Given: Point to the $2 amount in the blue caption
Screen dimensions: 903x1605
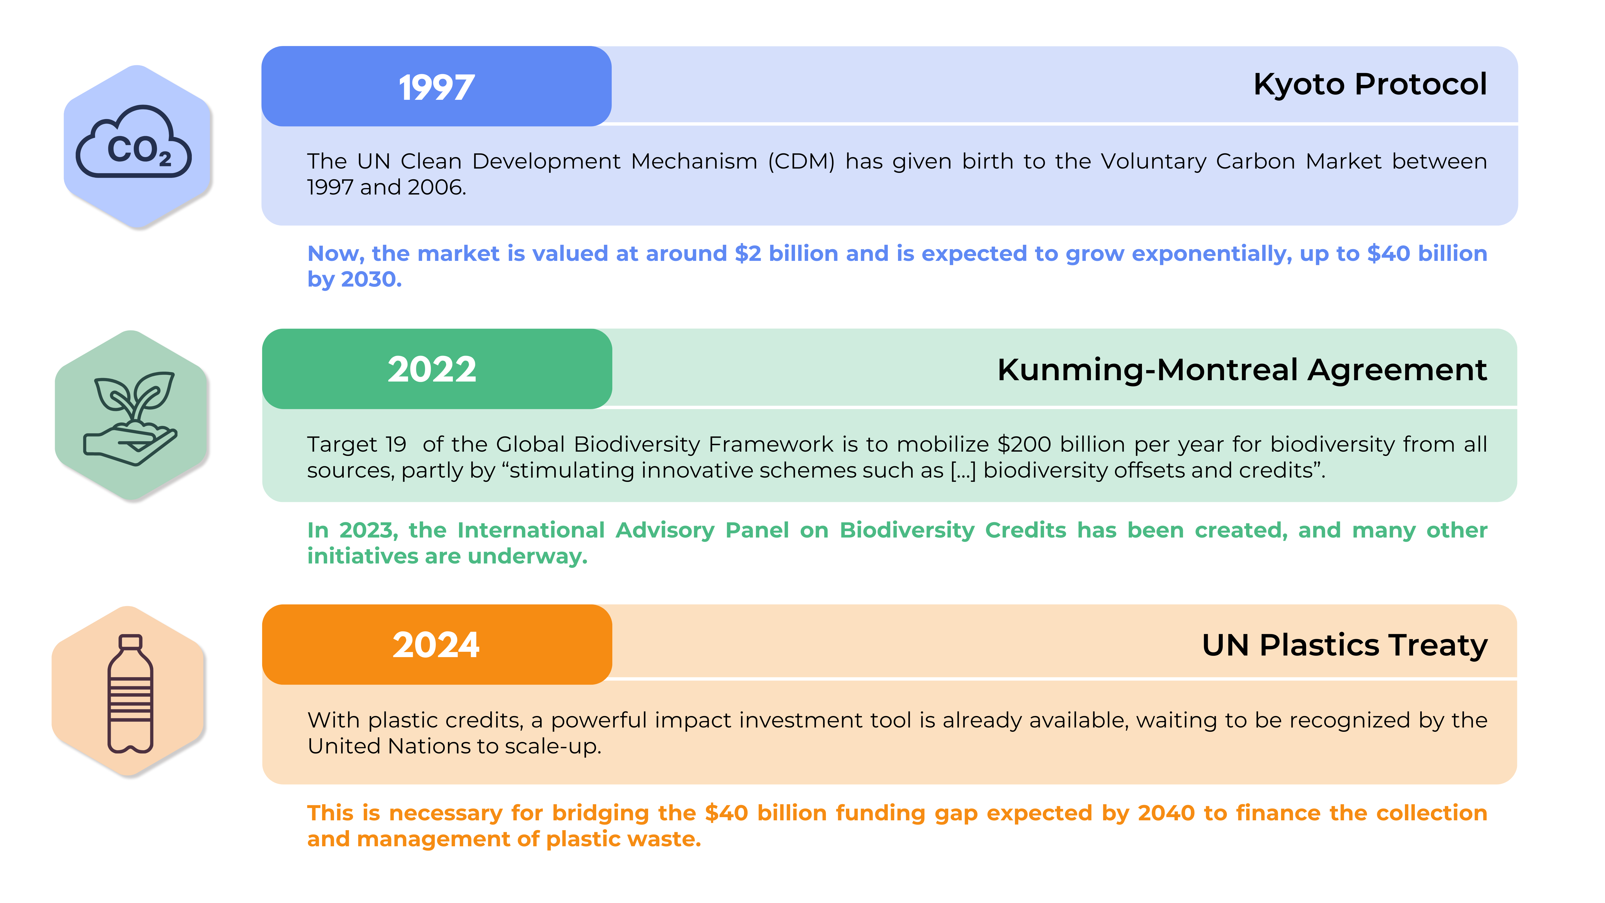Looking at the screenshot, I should coord(748,254).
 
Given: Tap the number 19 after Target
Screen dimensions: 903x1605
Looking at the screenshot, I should coord(396,444).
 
